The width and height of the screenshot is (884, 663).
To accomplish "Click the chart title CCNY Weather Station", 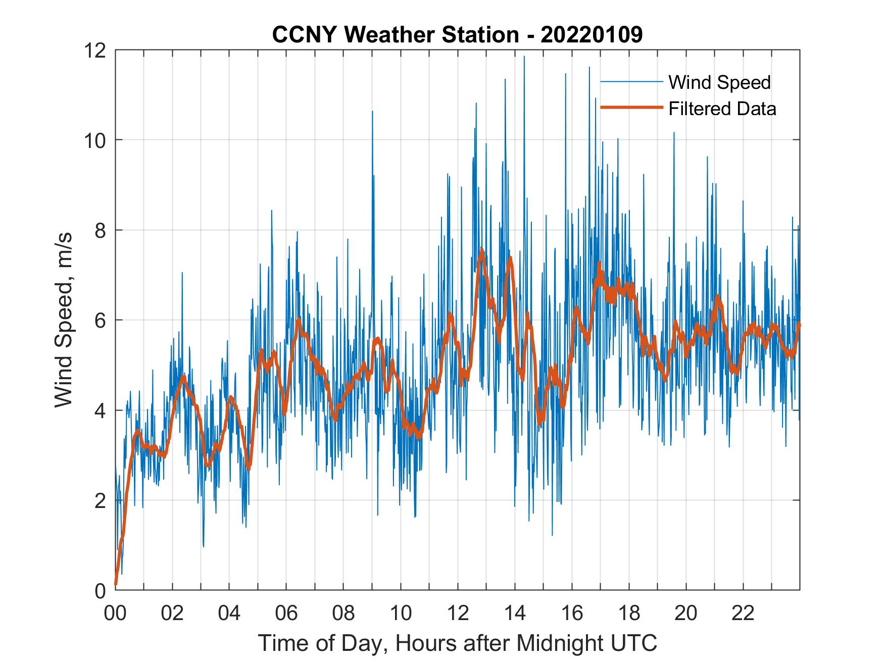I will (396, 35).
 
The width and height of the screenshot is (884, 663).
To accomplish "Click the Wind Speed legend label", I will (719, 82).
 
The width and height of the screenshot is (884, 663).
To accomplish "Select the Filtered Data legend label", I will (722, 109).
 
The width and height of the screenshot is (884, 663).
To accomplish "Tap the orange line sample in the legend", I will (631, 108).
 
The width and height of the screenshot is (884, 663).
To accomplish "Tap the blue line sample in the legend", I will (631, 81).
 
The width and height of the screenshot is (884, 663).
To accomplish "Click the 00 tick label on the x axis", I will (115, 613).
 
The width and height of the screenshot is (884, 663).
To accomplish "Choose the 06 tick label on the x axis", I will (286, 613).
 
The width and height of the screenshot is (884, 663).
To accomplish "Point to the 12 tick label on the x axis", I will (458, 613).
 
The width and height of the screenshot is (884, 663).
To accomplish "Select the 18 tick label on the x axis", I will (629, 613).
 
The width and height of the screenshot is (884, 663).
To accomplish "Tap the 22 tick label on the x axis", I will (743, 613).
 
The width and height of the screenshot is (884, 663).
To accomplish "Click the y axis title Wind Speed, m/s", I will (64, 320).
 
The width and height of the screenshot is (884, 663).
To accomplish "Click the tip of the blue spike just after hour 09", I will (372, 111).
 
